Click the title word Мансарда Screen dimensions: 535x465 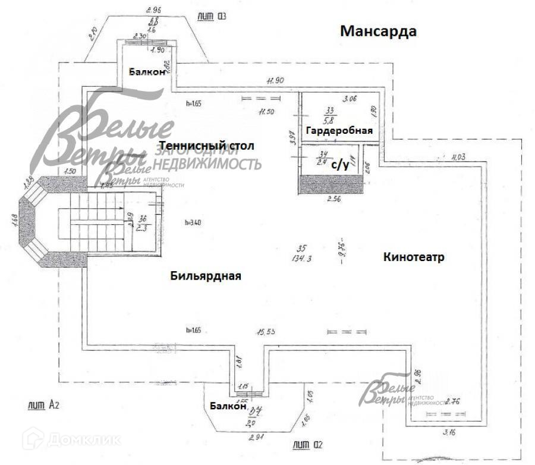[377, 32]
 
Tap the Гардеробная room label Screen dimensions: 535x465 [339, 131]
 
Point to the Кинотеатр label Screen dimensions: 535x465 [414, 257]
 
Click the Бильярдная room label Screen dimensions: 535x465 [206, 276]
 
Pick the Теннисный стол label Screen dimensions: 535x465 [206, 146]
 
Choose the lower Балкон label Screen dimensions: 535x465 [228, 407]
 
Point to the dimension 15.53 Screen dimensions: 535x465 [266, 331]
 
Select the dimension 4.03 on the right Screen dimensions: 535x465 [458, 158]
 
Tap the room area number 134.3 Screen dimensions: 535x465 [303, 258]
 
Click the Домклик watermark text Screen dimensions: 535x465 [77, 441]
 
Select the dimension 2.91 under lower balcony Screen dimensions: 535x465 [257, 438]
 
